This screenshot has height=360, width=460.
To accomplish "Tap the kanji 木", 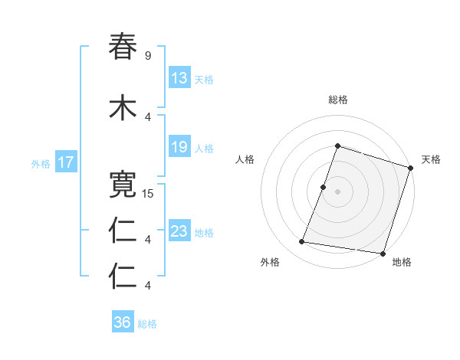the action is [123, 107].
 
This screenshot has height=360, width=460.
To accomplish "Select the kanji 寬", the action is [123, 184].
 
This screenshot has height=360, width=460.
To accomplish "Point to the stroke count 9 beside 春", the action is [147, 55].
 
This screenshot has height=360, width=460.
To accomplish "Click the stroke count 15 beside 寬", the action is [148, 193].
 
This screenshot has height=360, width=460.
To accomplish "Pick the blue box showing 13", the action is [179, 78].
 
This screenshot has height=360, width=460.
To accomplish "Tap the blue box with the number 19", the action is [179, 147].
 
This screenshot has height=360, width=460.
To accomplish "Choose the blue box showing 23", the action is [179, 231].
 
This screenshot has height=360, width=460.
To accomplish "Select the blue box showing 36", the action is [123, 322].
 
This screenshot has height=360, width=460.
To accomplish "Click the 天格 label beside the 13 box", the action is [203, 80].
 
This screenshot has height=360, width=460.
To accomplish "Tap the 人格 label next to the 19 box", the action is [203, 149].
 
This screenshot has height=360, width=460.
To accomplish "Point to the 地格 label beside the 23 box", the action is [203, 233].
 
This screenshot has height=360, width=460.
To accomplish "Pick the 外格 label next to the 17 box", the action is [41, 163].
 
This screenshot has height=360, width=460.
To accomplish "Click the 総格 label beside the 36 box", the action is [147, 324].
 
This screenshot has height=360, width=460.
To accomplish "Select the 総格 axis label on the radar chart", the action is [338, 100].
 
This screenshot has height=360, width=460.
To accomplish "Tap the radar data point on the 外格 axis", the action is [301, 242].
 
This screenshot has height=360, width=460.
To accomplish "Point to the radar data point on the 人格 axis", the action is [324, 187].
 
